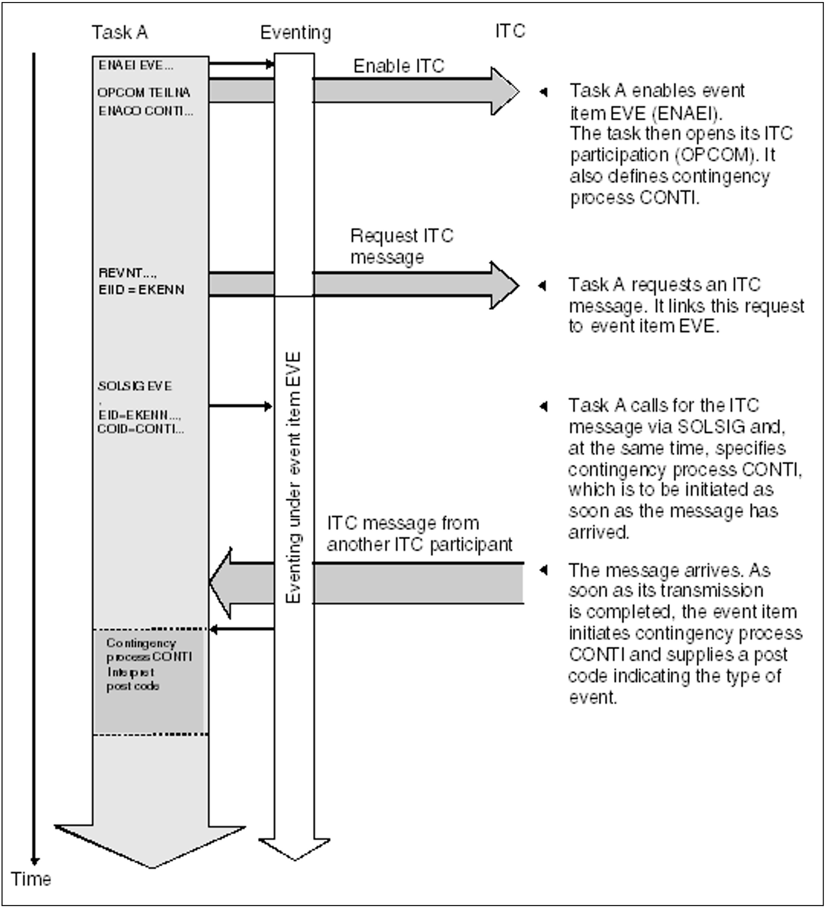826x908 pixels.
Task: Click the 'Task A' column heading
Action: (120, 33)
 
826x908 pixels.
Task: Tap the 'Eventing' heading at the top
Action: (295, 33)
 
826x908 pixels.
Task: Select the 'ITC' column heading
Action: (510, 31)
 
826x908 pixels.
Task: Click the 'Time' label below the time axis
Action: (31, 879)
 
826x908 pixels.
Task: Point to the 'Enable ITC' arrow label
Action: (399, 66)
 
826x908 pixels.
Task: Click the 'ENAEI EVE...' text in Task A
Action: (136, 66)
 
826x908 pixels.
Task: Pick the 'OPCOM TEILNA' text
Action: (144, 93)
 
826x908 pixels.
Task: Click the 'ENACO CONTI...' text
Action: (145, 111)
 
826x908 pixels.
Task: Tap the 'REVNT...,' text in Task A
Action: (128, 273)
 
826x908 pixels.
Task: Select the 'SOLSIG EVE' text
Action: (134, 386)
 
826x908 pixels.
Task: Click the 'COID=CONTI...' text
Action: (141, 429)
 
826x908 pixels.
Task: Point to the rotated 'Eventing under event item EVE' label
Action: (294, 477)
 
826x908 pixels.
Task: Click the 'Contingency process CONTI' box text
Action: (149, 650)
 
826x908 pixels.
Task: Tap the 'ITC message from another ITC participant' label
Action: (419, 534)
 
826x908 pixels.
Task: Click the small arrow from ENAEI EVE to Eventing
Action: (241, 64)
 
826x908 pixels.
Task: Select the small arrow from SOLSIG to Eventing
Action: (240, 406)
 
